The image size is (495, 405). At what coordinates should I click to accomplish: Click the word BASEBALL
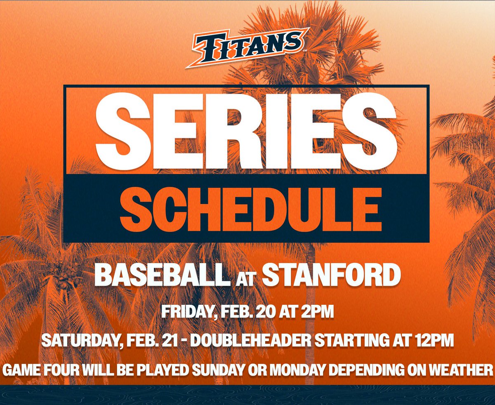click(162, 275)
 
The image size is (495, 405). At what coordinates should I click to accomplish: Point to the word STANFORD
click(331, 275)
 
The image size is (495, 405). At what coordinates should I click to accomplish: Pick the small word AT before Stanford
click(246, 278)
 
